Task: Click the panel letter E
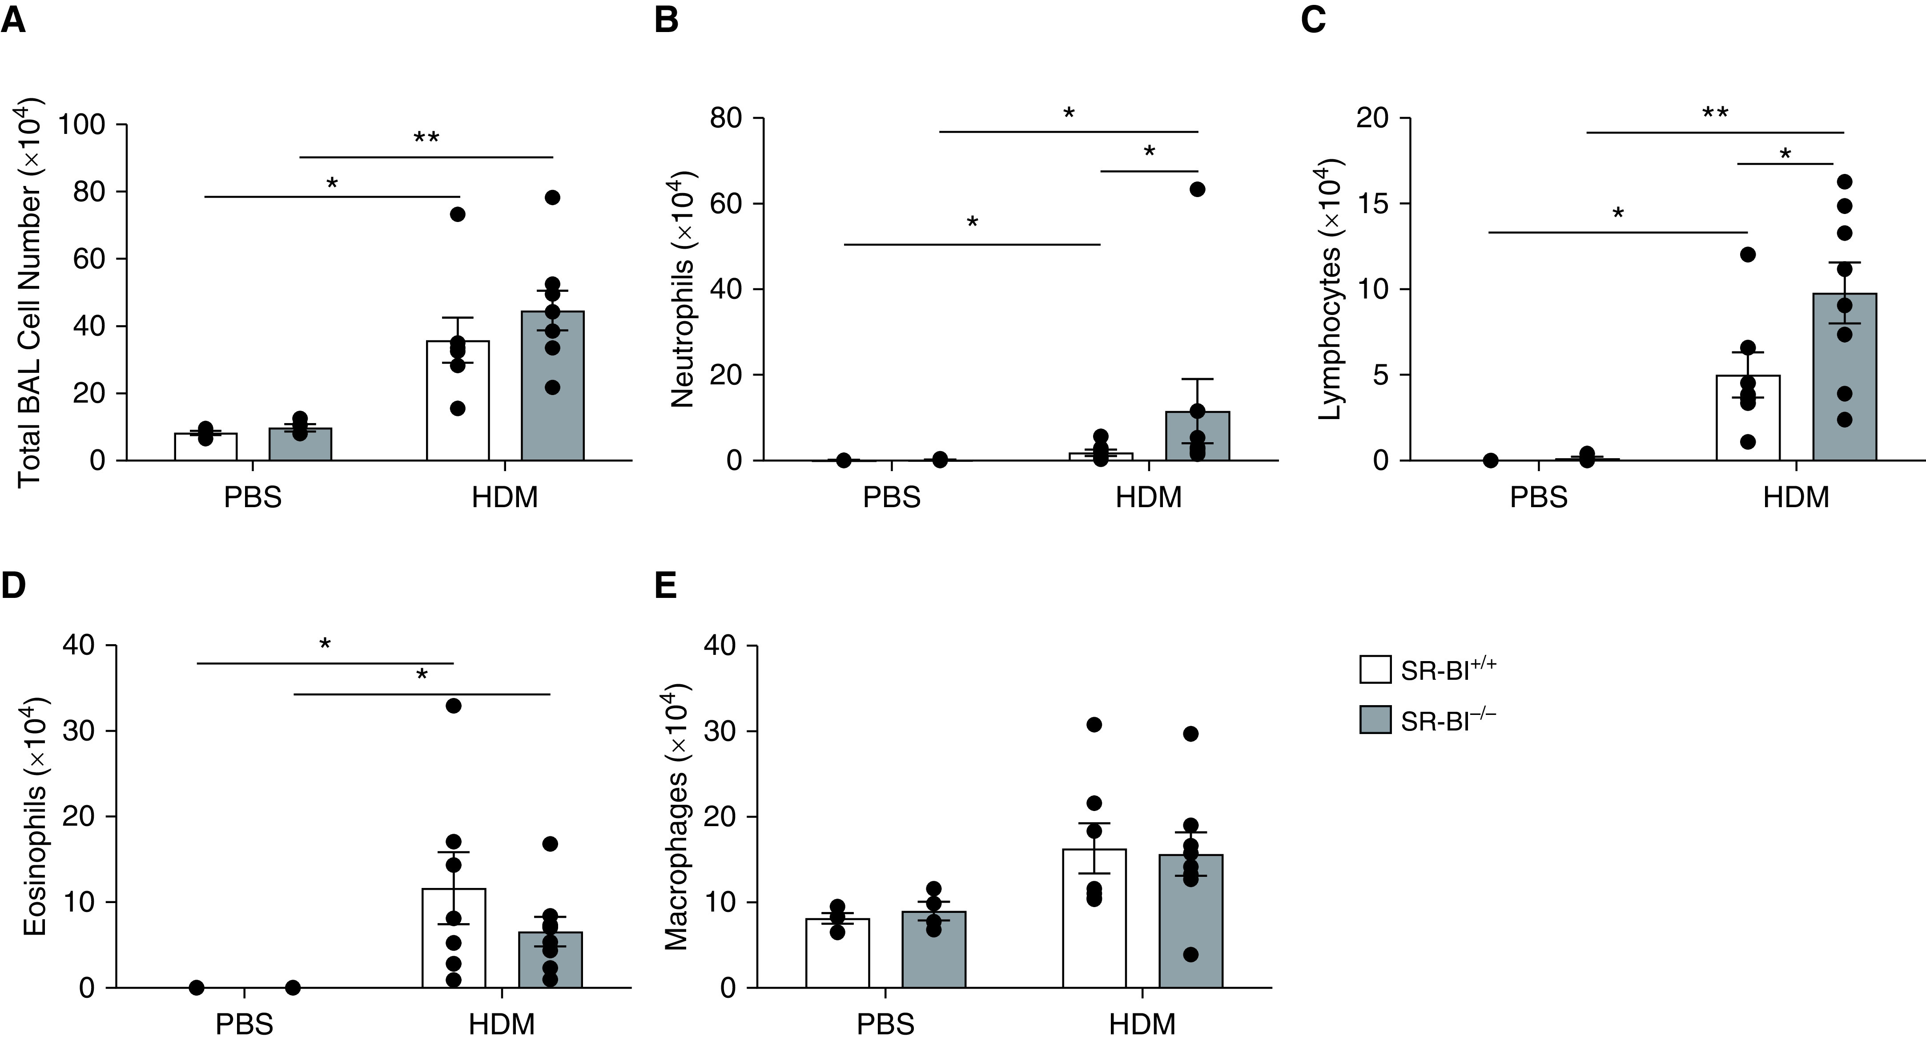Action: point(665,587)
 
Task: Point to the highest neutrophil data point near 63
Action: point(1198,189)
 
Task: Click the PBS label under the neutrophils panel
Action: point(891,497)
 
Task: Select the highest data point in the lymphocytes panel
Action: point(1845,182)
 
